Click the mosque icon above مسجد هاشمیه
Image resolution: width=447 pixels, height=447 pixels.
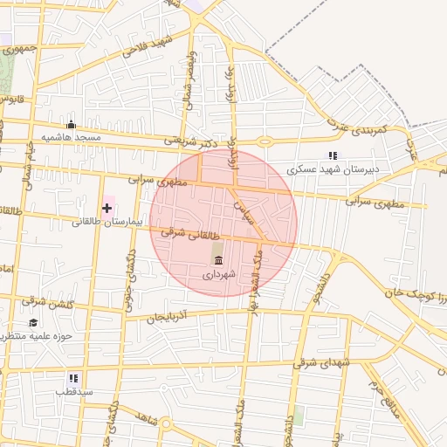click(x=72, y=125)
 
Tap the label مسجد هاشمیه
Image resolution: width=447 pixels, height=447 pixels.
click(x=76, y=138)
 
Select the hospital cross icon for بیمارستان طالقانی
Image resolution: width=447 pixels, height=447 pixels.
click(x=107, y=208)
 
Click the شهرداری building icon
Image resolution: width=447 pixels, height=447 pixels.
click(x=217, y=260)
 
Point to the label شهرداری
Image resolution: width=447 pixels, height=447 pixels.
click(x=217, y=274)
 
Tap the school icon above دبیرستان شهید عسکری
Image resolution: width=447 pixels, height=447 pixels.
click(x=332, y=155)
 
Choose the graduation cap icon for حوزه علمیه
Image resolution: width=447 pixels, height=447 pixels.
click(x=33, y=322)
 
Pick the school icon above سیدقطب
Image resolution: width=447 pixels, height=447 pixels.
click(x=73, y=378)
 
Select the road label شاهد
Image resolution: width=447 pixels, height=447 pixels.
click(x=147, y=419)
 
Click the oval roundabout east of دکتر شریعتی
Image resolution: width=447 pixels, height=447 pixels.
click(x=265, y=141)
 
